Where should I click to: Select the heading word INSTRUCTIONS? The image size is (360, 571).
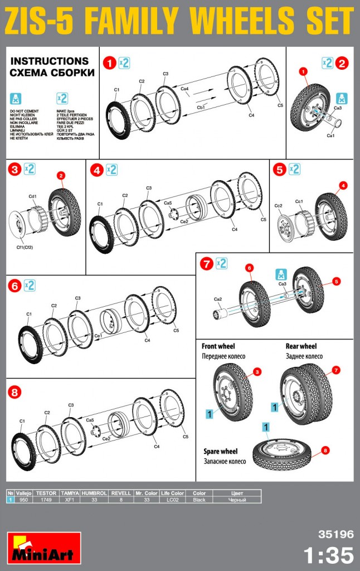click(x=50, y=61)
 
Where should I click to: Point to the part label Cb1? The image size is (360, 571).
click(x=201, y=105)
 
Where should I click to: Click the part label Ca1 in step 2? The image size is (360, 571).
click(x=330, y=136)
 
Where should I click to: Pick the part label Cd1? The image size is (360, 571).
click(x=32, y=196)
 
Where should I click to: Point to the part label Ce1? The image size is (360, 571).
click(x=99, y=336)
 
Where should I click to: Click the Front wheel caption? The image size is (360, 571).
click(x=218, y=346)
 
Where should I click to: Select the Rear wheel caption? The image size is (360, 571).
click(x=301, y=346)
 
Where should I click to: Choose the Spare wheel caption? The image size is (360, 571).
click(x=221, y=451)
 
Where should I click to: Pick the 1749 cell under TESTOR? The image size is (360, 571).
click(x=46, y=500)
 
